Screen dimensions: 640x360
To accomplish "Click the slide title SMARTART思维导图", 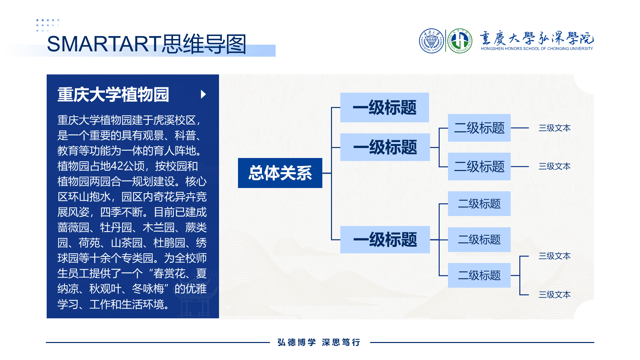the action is coord(147,44).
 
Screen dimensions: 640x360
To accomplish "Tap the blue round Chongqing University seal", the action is coord(431,41).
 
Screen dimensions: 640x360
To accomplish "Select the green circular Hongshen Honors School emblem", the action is coord(460,41).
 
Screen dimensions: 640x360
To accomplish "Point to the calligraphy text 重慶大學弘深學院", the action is coord(537,38).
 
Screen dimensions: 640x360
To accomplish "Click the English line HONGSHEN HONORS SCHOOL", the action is coord(537,49).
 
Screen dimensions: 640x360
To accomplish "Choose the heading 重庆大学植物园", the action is coord(113,94).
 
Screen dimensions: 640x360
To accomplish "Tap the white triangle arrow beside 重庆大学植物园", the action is coord(203,94).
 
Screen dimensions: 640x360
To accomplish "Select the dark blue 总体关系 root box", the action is coord(280,173).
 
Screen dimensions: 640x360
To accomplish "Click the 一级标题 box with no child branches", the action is coord(385,107).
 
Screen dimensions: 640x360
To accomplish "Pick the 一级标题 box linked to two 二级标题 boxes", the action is coord(385,147).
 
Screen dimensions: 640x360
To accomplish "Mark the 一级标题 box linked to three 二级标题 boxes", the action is coord(385,240).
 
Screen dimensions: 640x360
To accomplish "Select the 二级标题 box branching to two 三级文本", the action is coord(479,275).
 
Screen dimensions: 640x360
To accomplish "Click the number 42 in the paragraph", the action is coord(117,166).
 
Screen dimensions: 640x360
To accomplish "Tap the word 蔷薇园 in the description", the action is coord(73,227).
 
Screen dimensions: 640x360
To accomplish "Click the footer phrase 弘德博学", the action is coord(297,342).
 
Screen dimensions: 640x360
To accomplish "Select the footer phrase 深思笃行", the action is coord(341,342).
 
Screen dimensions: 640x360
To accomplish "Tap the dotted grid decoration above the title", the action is coord(48,25).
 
